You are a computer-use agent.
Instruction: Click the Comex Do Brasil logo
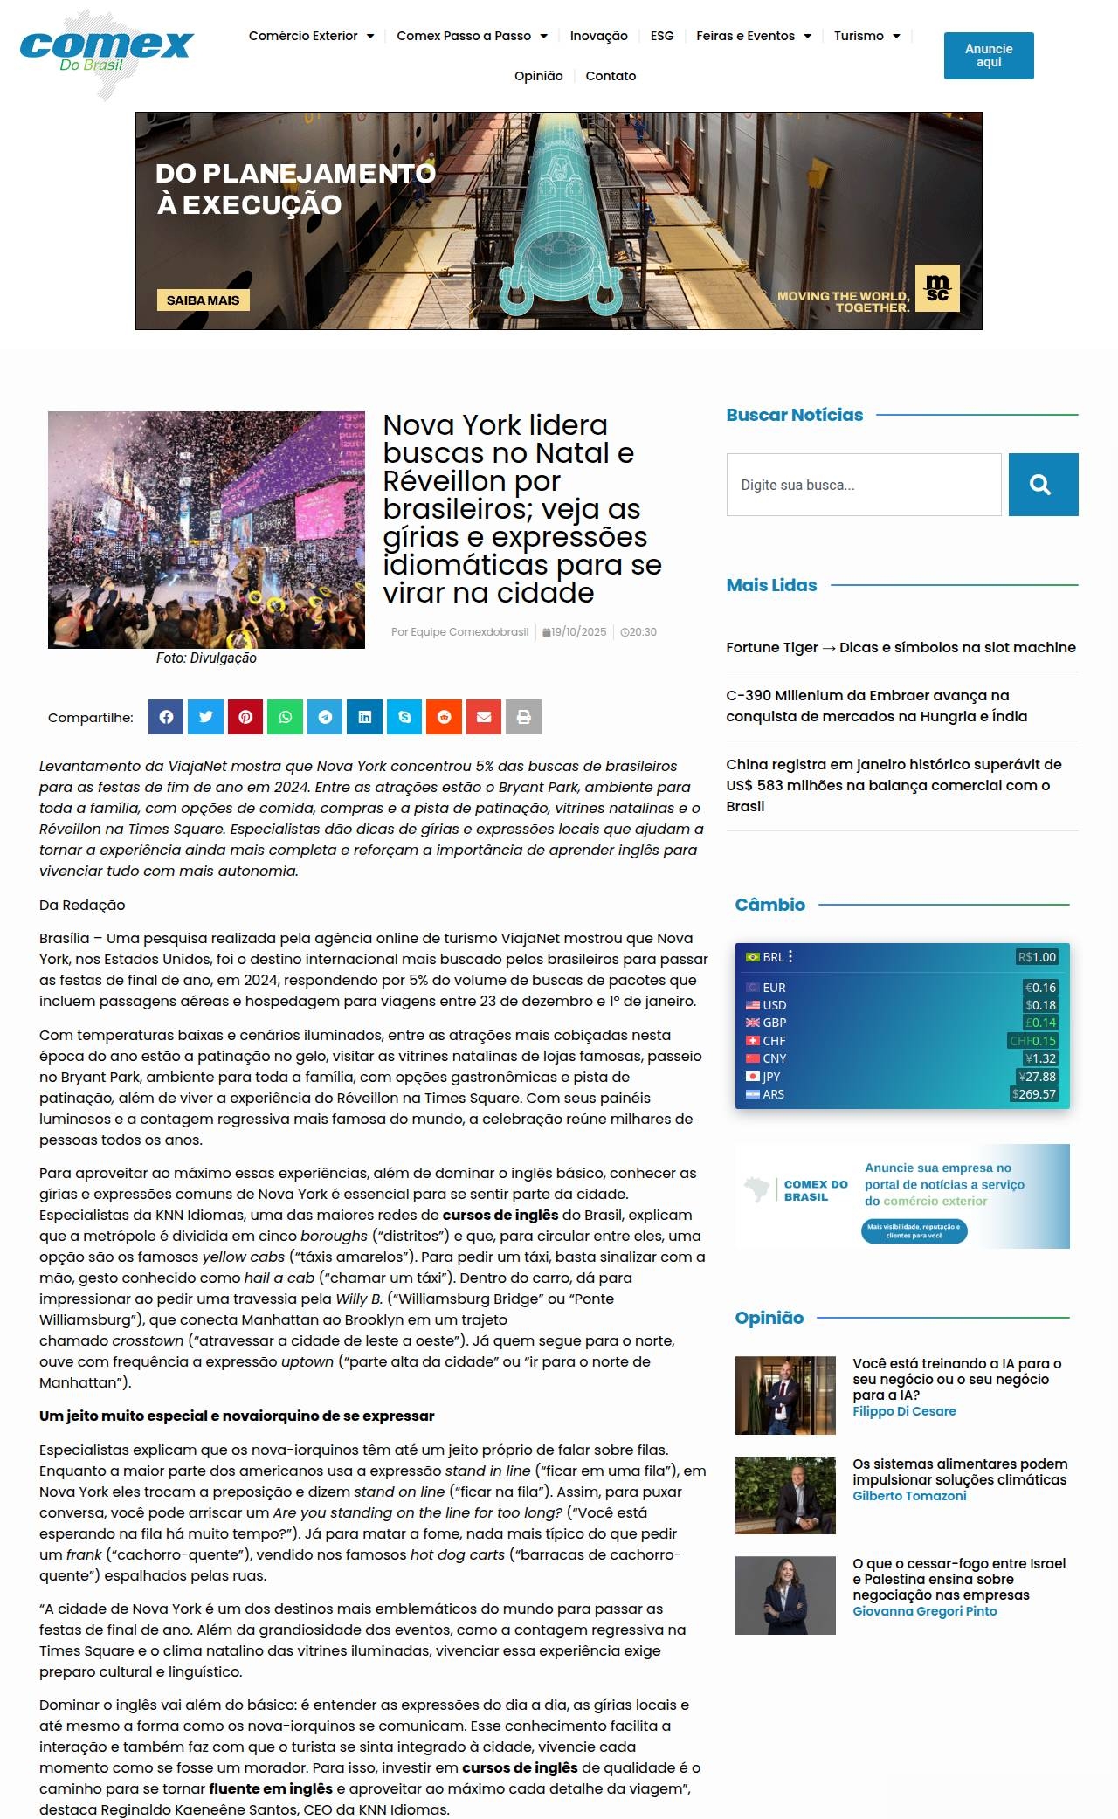click(x=106, y=54)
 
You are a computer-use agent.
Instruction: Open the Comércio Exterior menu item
click(x=311, y=36)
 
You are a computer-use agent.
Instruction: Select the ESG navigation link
click(x=662, y=36)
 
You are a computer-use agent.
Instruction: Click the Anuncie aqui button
click(x=988, y=56)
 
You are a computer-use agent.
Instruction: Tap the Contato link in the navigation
click(x=611, y=76)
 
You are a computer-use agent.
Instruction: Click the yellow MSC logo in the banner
click(x=937, y=288)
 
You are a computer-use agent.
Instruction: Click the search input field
click(x=863, y=485)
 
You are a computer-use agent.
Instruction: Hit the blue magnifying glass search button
click(x=1043, y=485)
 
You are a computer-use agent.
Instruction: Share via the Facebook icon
click(x=166, y=717)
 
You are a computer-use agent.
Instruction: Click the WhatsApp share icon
click(x=286, y=717)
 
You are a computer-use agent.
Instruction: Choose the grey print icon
click(x=524, y=717)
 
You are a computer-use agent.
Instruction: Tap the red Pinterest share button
click(x=245, y=717)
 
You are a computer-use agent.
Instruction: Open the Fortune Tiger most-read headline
click(x=901, y=647)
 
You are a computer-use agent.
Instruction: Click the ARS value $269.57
click(x=1034, y=1094)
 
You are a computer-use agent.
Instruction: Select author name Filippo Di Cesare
click(x=904, y=1411)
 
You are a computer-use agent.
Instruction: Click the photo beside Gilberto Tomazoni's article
click(x=785, y=1495)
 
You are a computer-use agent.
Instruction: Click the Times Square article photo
click(x=206, y=530)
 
